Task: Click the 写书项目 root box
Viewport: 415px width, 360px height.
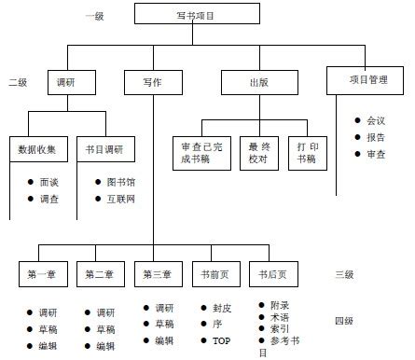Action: pos(195,15)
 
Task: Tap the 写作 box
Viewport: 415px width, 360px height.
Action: pos(152,82)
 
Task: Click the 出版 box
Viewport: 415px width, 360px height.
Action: pos(258,82)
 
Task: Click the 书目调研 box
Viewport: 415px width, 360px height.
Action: pos(104,149)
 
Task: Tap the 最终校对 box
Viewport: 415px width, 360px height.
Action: pos(258,153)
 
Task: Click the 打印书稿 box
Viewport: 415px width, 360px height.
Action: pos(307,153)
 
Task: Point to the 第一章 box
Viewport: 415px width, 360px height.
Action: pos(41,274)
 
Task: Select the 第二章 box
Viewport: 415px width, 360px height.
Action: pos(98,274)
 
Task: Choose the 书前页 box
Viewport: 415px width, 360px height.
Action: pos(214,274)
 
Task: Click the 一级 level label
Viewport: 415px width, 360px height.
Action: pos(94,16)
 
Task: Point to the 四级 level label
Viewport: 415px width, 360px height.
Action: pos(344,322)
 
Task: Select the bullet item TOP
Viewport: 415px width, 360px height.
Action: pos(221,341)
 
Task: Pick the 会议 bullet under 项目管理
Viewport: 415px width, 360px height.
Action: pos(376,120)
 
